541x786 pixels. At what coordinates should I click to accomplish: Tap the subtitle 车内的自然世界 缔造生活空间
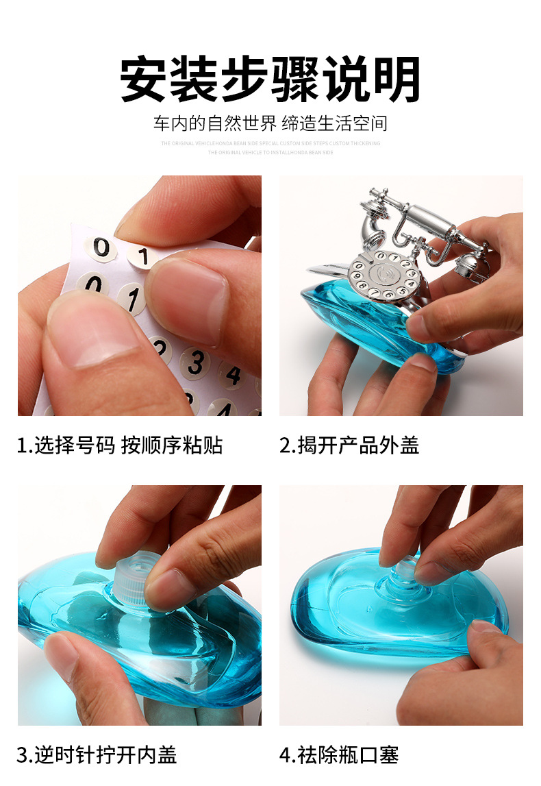point(270,123)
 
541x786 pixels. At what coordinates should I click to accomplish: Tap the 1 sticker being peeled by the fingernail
point(143,257)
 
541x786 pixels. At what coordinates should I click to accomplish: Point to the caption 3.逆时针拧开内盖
point(97,754)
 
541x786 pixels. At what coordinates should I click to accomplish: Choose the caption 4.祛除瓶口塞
point(339,754)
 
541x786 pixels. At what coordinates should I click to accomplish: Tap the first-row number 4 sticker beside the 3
point(233,375)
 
